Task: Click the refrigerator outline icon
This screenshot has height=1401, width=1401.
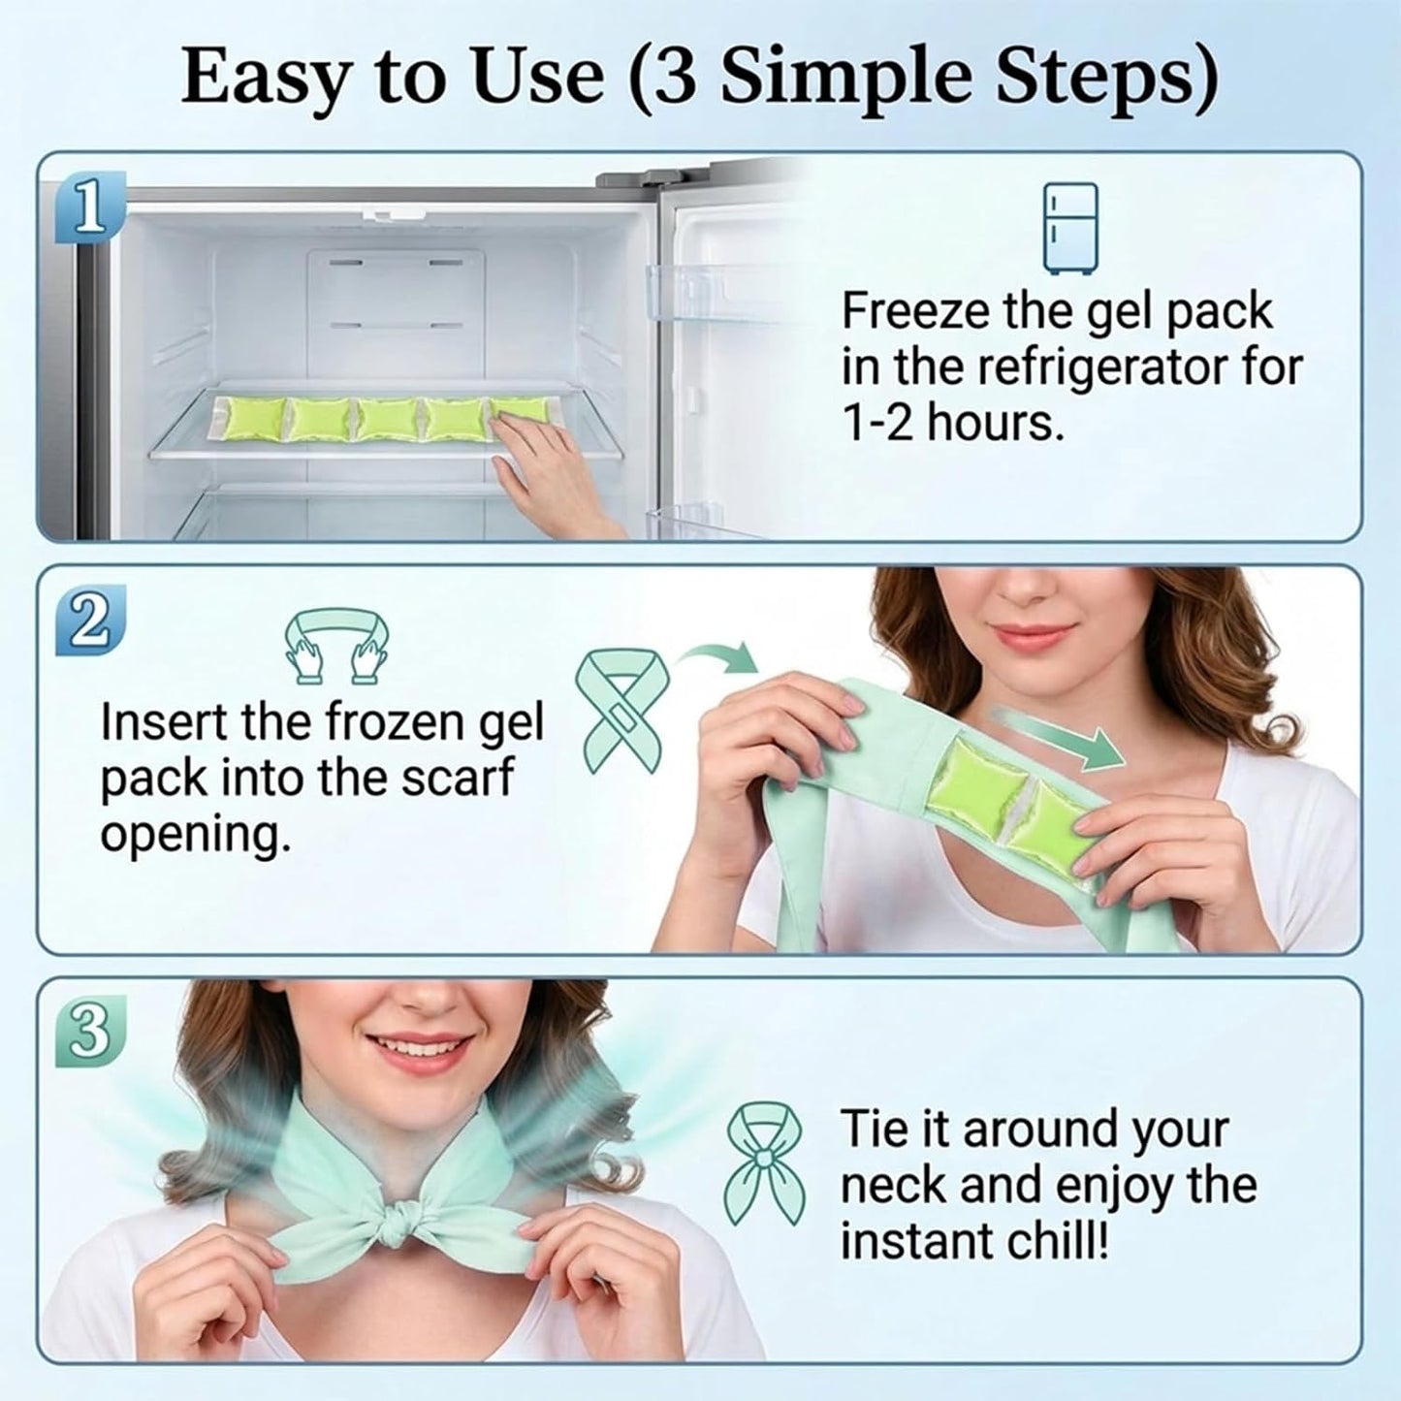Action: tap(1070, 228)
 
